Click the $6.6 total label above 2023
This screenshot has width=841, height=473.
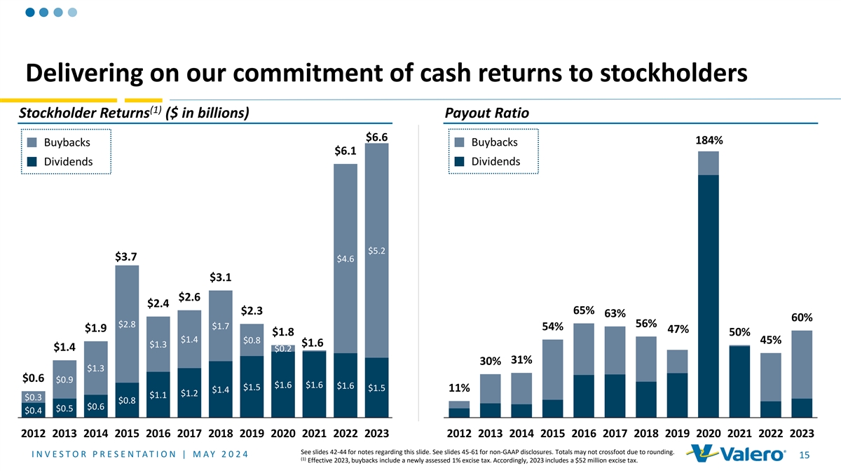377,137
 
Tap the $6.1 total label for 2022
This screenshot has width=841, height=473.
346,151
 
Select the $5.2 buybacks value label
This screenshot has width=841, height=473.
376,251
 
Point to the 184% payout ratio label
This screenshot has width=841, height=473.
709,141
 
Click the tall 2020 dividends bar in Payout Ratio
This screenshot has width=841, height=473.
709,294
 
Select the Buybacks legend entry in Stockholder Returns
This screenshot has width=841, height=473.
60,143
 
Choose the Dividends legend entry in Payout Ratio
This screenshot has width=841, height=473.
488,161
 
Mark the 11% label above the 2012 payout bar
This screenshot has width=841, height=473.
459,388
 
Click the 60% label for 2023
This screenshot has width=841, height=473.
801,317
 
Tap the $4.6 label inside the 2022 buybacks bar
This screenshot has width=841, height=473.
346,259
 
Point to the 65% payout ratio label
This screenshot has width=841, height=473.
584,310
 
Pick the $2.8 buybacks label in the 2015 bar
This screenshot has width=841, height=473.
127,324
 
